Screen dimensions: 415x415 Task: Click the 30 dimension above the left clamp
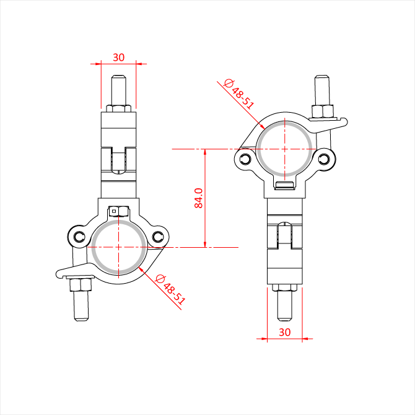118,58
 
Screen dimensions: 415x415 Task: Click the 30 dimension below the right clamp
285,332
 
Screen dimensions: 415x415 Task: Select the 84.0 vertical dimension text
198,198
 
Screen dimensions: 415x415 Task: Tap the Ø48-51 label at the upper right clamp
239,94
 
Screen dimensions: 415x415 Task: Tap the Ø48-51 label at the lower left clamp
170,289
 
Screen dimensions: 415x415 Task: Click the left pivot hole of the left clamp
79,237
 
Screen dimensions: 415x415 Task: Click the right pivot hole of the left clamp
158,237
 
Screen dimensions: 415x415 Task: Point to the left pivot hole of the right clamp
246,159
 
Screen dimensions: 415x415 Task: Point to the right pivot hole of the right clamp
325,159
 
